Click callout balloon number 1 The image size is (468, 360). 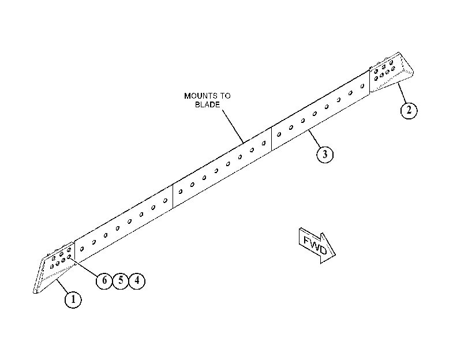[73, 299]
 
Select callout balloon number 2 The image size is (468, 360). [409, 110]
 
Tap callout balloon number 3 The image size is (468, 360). [325, 155]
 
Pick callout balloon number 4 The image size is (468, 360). [137, 280]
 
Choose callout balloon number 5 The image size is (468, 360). [121, 280]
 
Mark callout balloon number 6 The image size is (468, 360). [104, 280]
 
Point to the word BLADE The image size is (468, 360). [207, 104]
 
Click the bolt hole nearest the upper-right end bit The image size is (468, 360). [362, 87]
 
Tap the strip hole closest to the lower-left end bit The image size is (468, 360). [82, 249]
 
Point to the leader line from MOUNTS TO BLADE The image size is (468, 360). [233, 126]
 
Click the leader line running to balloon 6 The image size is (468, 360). [84, 267]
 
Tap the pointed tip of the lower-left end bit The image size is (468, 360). [34, 292]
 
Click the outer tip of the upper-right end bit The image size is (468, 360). [413, 72]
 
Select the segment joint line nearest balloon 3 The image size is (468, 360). [271, 139]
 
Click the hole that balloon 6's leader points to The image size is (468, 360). [69, 256]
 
